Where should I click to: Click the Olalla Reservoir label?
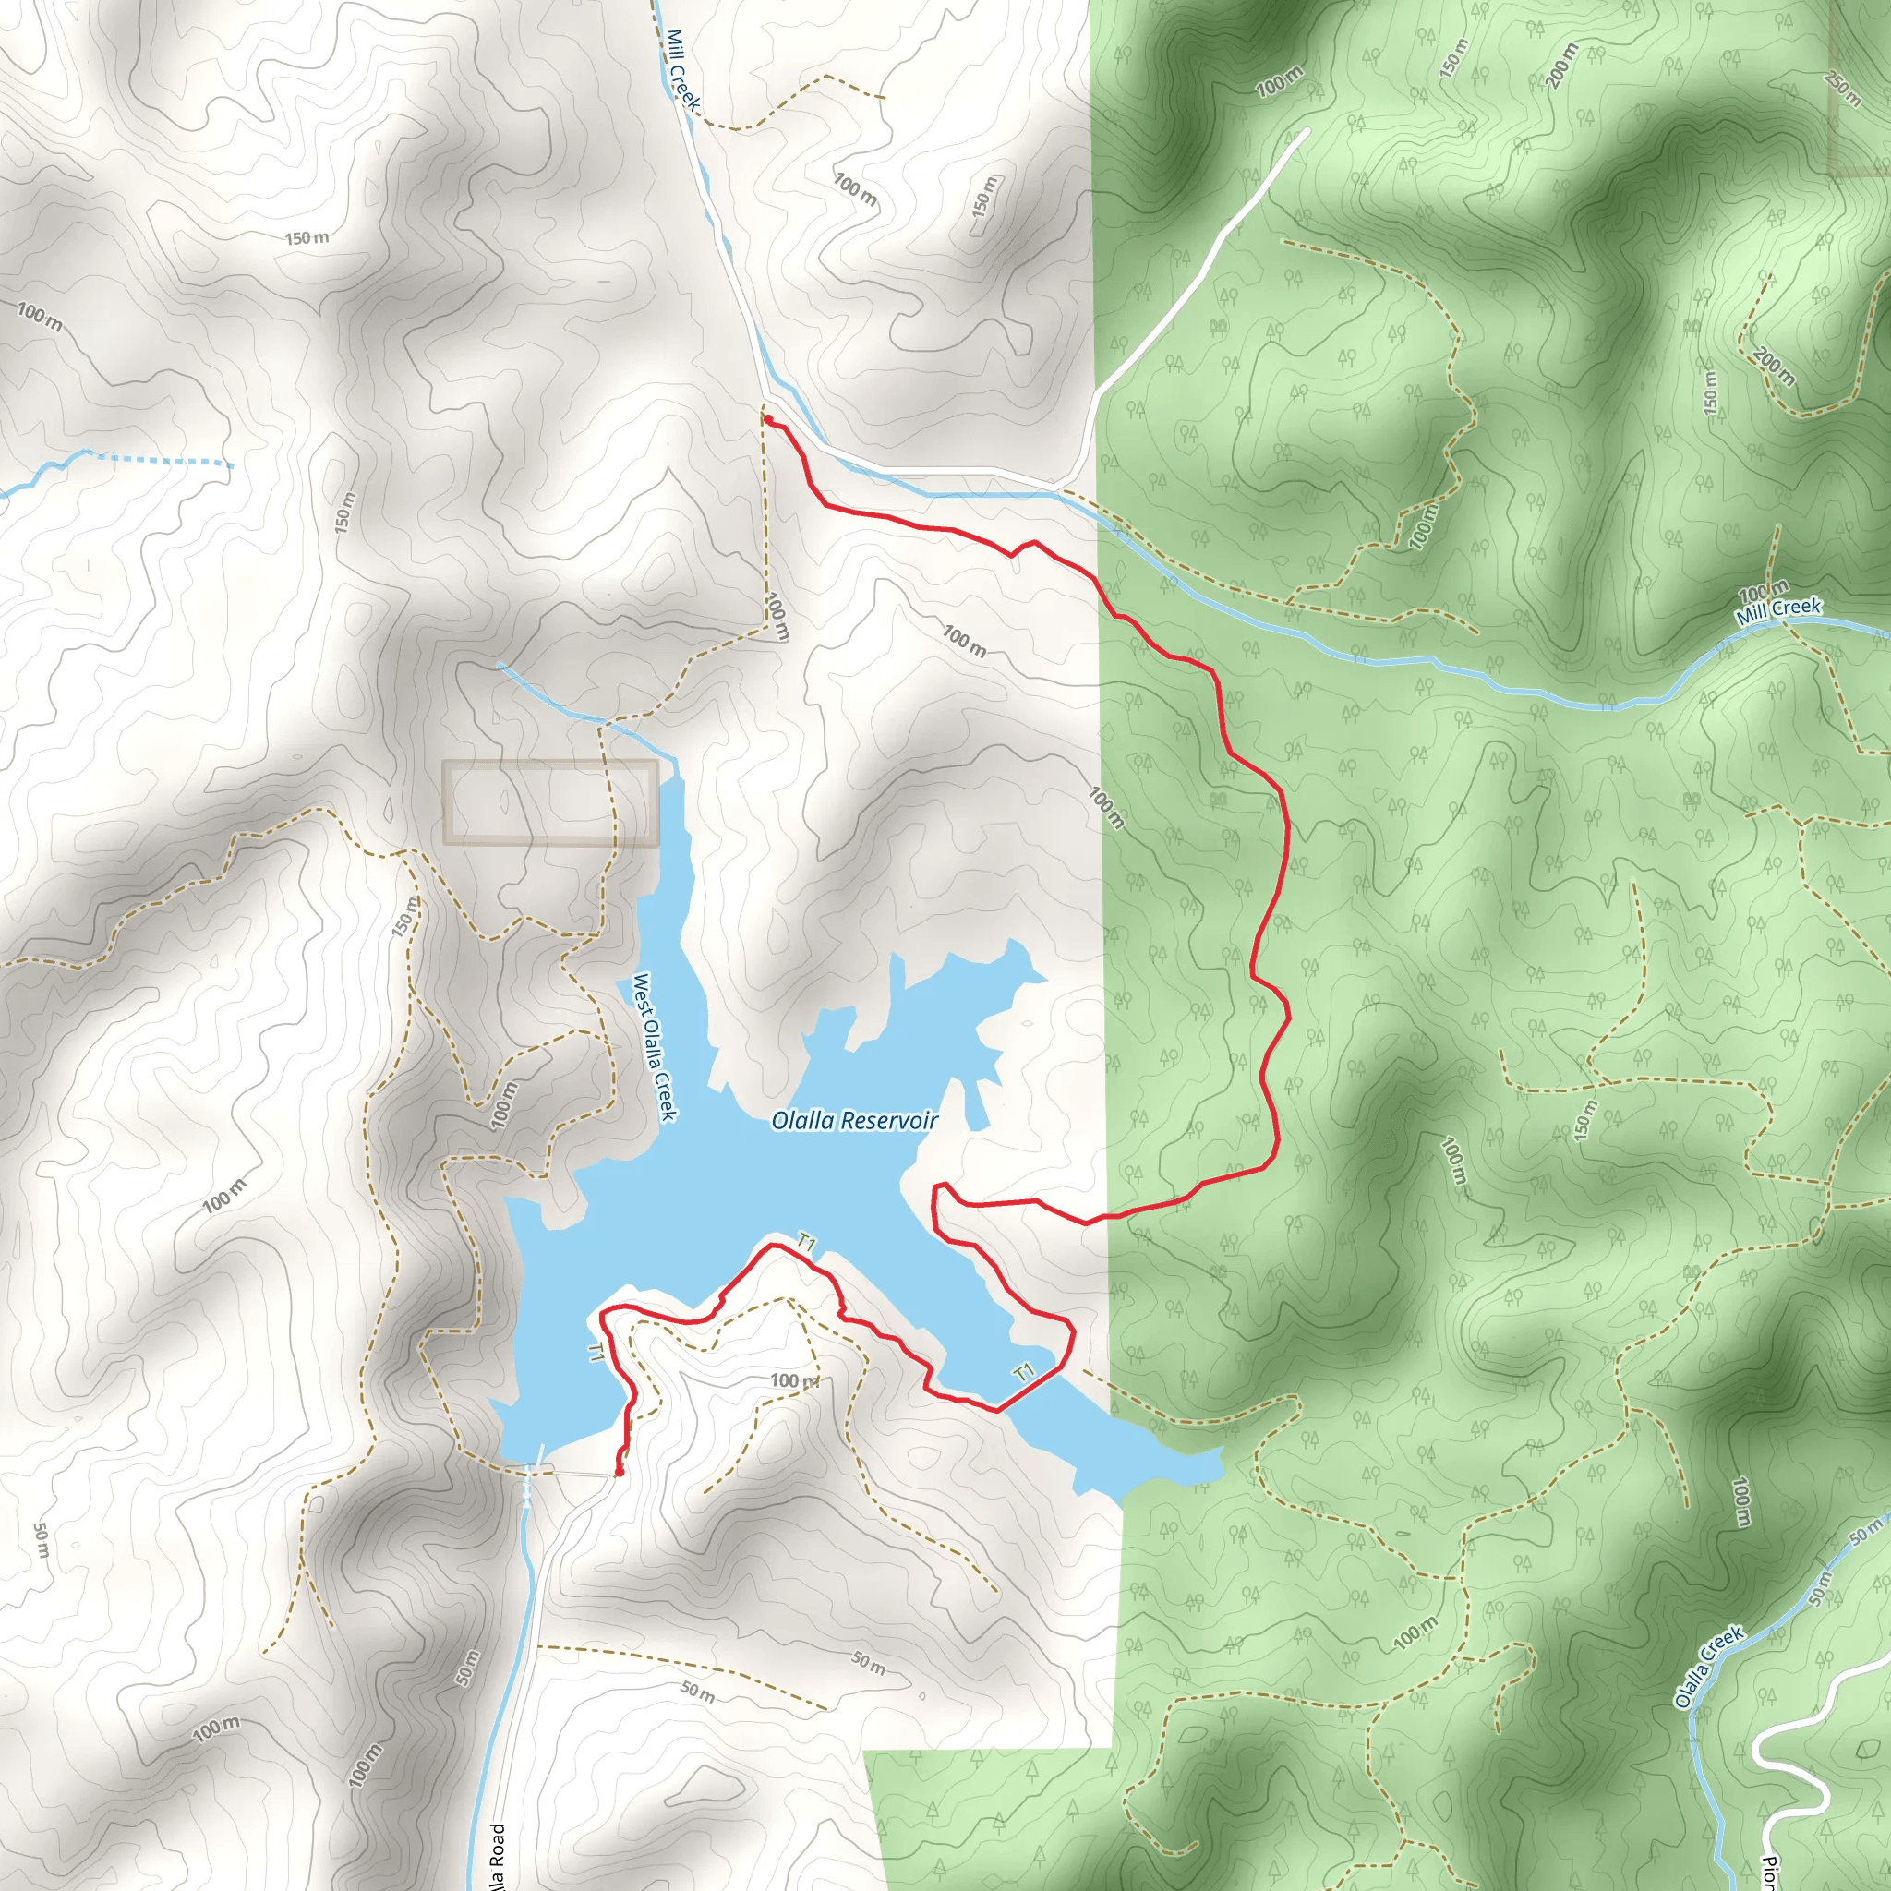[853, 1121]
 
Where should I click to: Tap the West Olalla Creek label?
[655, 1046]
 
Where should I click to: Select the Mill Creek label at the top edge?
[682, 70]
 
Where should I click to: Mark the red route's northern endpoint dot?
[768, 420]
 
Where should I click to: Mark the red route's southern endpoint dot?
[620, 1471]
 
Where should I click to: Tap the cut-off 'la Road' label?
[498, 1856]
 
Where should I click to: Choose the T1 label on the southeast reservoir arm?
[1024, 1373]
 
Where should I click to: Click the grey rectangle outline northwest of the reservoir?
[550, 802]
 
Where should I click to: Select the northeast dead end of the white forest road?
[1306, 131]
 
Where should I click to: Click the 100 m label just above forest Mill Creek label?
[1763, 591]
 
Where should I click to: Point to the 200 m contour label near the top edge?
[1562, 66]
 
